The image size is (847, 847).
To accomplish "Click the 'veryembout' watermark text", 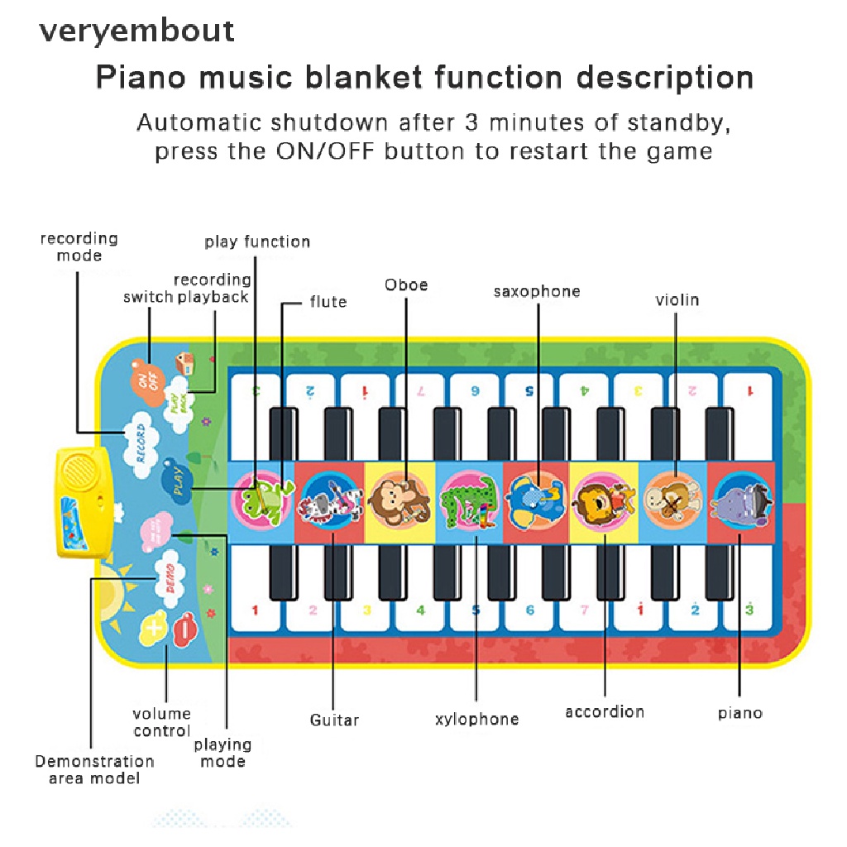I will (137, 31).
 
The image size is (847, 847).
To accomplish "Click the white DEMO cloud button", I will (170, 571).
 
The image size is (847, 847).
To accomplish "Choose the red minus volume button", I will (184, 626).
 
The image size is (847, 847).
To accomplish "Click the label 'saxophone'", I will (537, 291).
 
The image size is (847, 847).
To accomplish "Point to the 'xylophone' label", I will (477, 719).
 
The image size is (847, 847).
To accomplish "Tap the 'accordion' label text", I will (605, 712).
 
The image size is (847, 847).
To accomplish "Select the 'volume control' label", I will (162, 722).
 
